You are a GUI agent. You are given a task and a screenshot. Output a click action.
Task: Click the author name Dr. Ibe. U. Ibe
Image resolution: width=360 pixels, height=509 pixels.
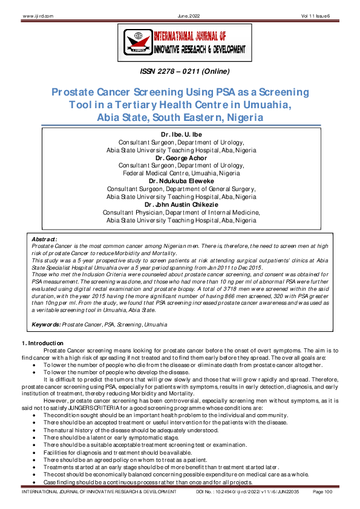click(x=180, y=134)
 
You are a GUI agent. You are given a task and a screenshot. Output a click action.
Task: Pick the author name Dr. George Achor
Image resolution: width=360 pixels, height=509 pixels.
click(x=180, y=158)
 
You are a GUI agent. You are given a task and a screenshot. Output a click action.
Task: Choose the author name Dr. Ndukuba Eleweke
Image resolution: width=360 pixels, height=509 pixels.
click(x=180, y=181)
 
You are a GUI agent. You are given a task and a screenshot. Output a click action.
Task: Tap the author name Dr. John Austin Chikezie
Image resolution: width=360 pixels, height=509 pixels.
click(x=180, y=204)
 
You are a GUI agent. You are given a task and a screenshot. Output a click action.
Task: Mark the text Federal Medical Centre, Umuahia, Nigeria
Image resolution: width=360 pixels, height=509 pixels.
click(x=180, y=173)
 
